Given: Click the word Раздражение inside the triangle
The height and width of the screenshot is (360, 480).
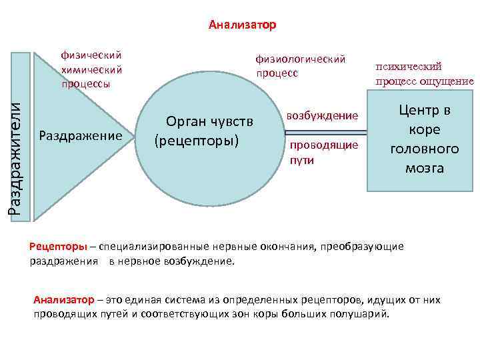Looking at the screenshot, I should click(81, 136).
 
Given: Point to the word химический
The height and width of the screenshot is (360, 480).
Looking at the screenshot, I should click(91, 69).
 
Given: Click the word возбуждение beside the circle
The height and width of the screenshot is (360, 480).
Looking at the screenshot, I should click(322, 115).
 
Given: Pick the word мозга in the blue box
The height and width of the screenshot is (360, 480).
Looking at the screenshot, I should click(424, 168).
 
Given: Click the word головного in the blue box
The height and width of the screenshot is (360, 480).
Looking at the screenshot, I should click(425, 149).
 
